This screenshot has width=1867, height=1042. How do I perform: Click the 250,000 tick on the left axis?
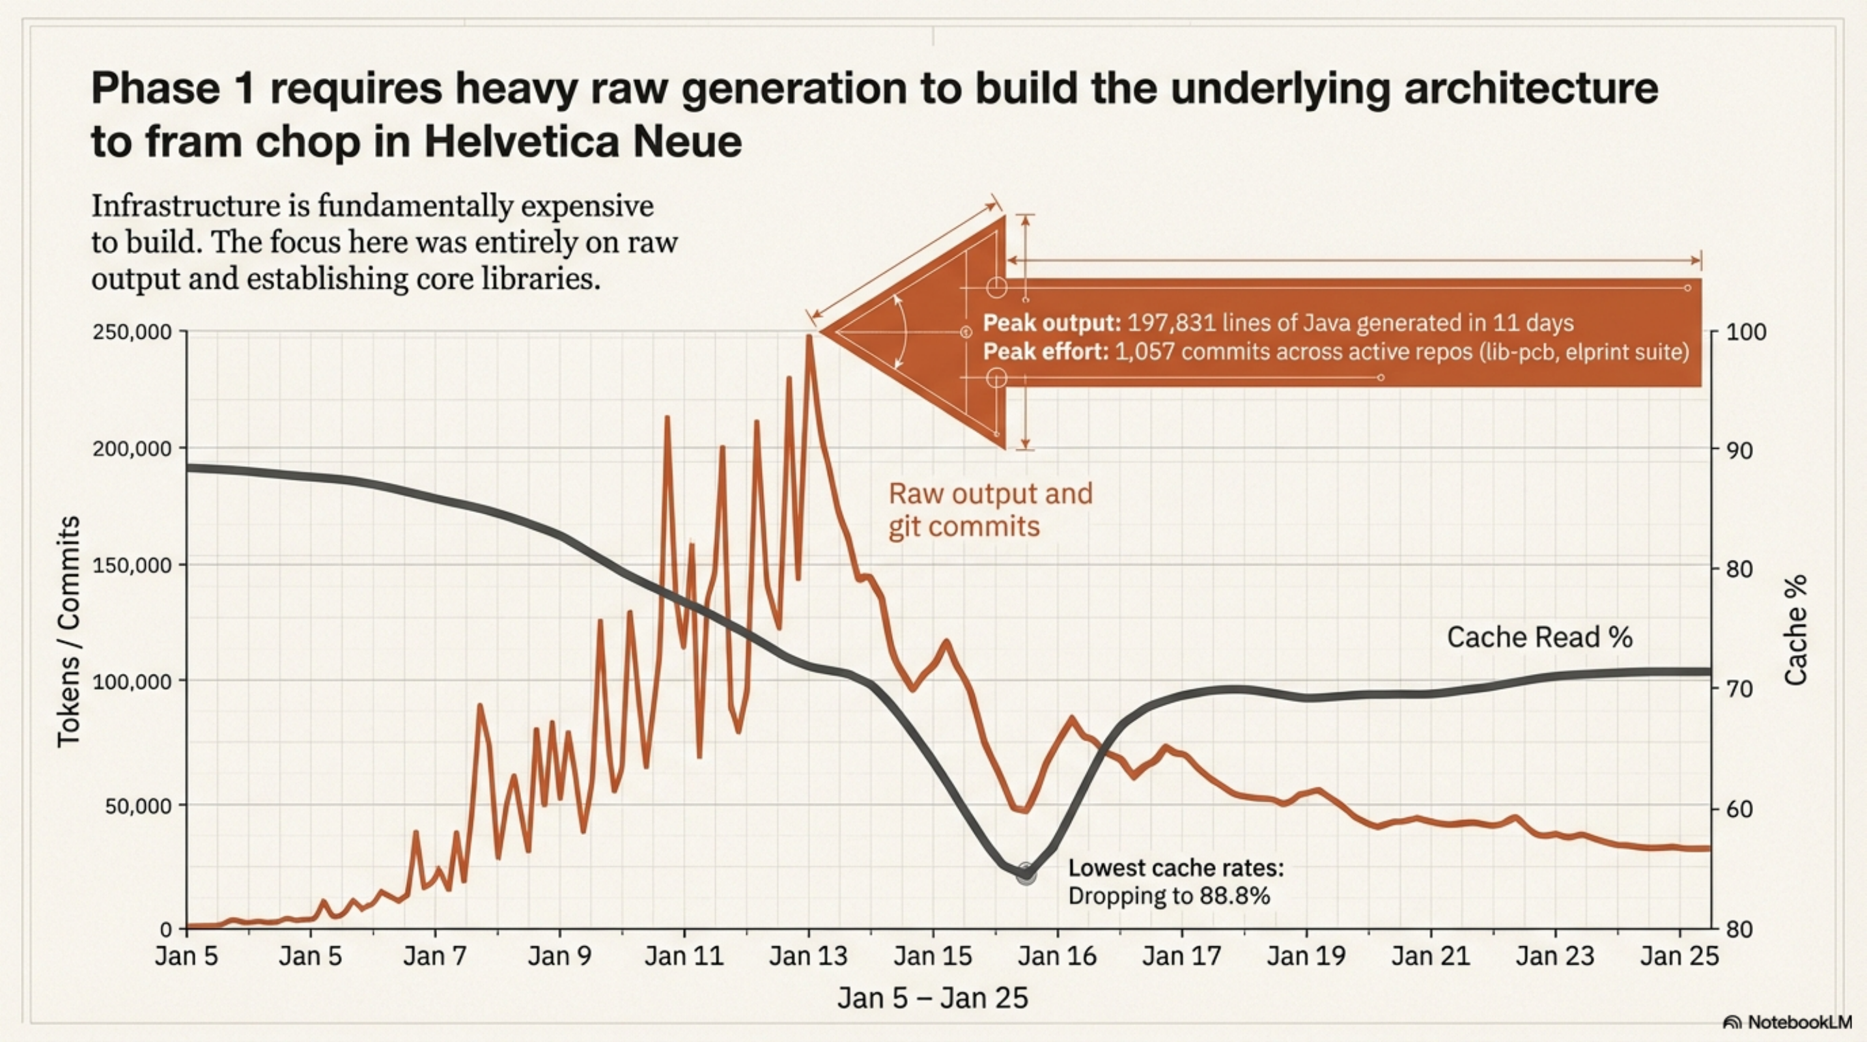pos(132,332)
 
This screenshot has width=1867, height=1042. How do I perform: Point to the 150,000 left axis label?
pos(132,565)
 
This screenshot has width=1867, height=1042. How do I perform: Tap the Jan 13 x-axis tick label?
pos(808,957)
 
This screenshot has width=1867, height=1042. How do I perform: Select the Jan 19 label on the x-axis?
pos(1306,957)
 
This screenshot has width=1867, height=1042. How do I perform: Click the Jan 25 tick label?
pos(1679,957)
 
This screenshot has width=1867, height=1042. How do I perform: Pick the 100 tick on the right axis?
pos(1746,333)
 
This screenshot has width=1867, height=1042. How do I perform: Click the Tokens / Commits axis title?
pos(69,631)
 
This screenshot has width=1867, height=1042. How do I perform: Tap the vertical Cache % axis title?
pos(1796,630)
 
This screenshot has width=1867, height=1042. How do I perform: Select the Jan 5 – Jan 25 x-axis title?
pos(933,998)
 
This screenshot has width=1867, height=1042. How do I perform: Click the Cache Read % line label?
pos(1539,638)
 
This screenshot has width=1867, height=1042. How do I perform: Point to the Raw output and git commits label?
pos(990,509)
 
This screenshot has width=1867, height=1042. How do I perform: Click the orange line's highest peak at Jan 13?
pos(809,336)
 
